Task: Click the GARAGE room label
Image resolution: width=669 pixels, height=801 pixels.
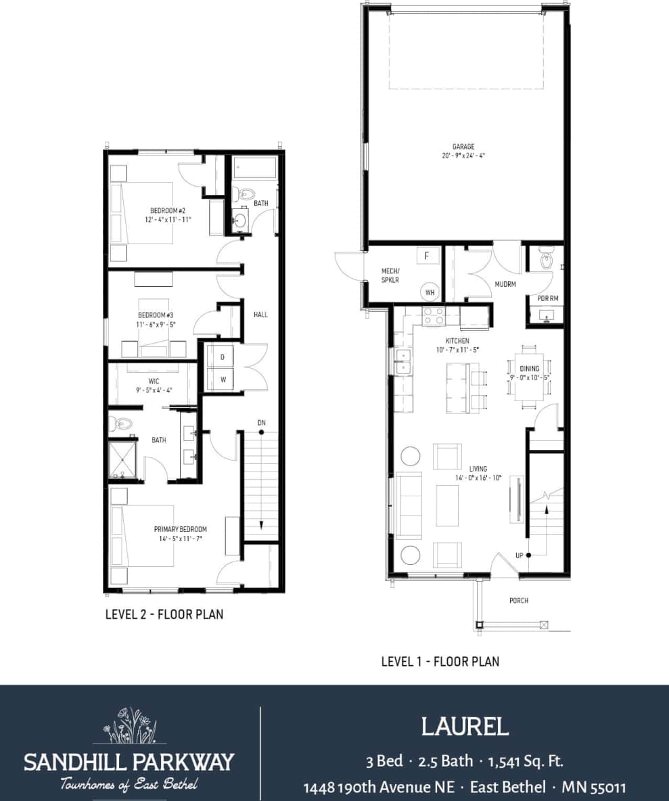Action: pos(463,146)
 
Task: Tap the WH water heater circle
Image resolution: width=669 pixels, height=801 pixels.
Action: pos(429,292)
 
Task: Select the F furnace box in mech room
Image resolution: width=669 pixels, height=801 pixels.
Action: pos(426,256)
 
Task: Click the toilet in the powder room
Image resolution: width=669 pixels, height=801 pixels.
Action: pos(546,259)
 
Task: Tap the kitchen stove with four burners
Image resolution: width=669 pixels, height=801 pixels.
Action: pos(433,315)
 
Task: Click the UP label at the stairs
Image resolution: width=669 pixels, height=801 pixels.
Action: pos(520,555)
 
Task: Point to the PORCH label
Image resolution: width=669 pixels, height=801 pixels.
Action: pos(519,601)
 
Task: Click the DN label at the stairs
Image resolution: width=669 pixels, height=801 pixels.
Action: pos(261,423)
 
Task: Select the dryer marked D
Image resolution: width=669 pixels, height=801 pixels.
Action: pos(221,357)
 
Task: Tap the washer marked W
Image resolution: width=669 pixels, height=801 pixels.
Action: pos(221,380)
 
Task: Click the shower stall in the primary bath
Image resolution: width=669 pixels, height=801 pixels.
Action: pos(122,459)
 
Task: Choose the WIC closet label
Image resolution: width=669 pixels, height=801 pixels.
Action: pos(154,381)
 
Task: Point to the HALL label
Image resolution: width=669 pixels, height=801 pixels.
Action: pos(260,315)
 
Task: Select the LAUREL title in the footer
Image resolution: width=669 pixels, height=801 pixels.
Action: pos(464,727)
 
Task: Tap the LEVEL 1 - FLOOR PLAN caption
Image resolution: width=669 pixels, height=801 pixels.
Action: pos(440,661)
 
